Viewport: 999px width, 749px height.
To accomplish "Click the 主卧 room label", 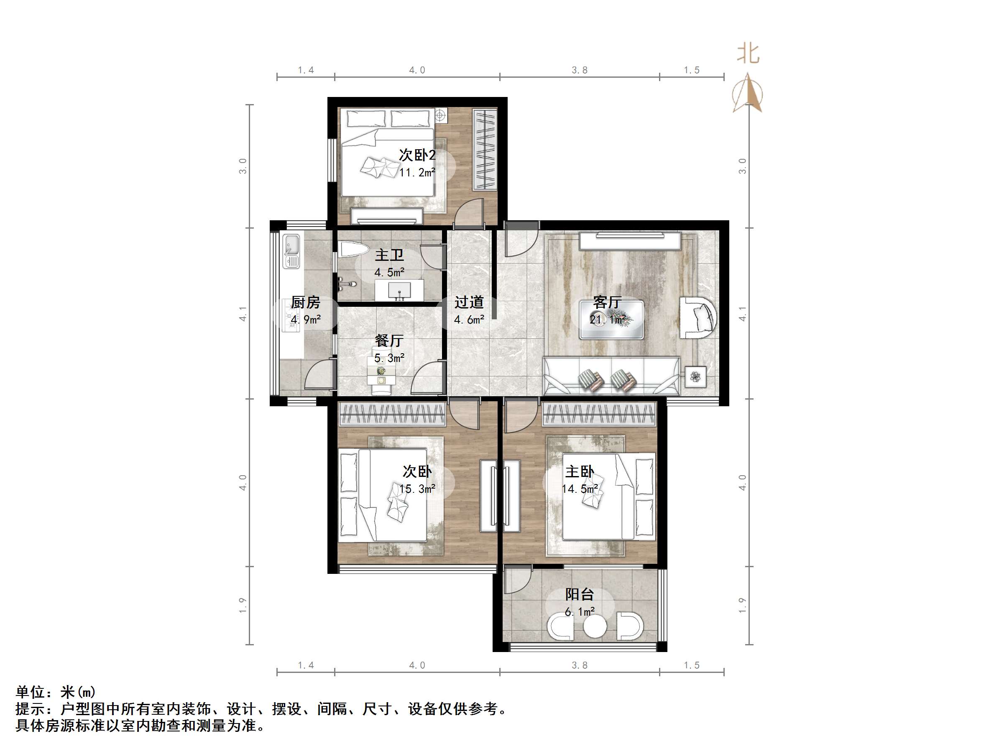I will [x=580, y=472].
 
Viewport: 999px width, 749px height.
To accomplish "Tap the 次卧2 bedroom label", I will [x=417, y=155].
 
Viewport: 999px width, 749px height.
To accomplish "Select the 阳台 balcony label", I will [x=580, y=594].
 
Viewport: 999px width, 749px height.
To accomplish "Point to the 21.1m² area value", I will [x=608, y=320].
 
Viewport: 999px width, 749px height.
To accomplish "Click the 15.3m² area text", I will [x=417, y=489].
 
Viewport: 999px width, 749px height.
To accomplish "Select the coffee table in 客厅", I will [x=612, y=320].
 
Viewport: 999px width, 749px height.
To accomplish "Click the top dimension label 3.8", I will [x=580, y=70].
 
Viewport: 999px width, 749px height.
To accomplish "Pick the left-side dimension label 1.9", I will [x=243, y=606].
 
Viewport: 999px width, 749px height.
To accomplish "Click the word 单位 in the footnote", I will [x=31, y=692].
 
